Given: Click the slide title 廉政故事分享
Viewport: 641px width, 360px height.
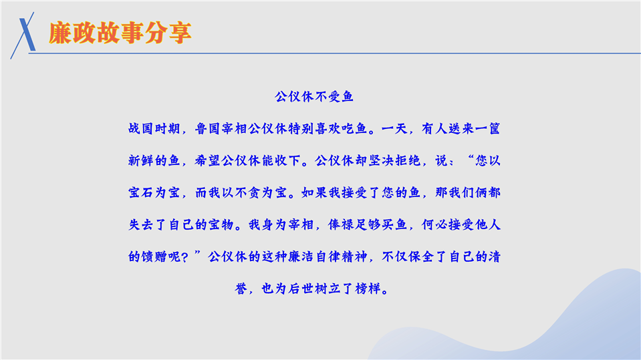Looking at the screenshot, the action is [x=120, y=33].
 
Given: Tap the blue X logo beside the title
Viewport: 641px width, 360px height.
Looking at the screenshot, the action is [x=23, y=35].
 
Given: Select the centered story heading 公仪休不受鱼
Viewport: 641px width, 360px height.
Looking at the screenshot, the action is [x=314, y=96].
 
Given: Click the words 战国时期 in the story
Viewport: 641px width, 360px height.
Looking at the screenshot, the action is [x=154, y=129].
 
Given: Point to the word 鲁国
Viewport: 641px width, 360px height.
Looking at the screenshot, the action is [x=208, y=129].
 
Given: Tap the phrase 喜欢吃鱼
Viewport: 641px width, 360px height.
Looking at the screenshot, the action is [x=340, y=129].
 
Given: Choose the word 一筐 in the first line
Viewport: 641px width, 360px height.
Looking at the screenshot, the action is [x=487, y=129].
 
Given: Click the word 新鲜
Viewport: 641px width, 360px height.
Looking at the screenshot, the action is [x=141, y=160].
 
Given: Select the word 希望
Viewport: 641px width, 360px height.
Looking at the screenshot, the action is [x=208, y=160].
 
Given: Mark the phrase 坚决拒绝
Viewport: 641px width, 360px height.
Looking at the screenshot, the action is [x=394, y=160].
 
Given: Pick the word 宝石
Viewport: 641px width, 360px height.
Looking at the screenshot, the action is [x=141, y=192].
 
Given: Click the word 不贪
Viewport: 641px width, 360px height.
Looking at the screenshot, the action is [x=247, y=192].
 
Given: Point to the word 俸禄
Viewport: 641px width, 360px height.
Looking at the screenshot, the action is [x=341, y=224].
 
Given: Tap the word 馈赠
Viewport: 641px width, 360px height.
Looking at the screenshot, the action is [x=154, y=256].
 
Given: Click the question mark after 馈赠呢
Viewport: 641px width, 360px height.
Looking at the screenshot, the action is [x=184, y=257].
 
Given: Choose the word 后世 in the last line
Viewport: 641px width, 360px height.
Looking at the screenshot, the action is [x=301, y=289].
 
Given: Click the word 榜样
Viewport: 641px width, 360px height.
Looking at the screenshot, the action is [x=368, y=289].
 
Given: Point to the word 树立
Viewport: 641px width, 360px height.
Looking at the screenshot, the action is [x=328, y=289].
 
